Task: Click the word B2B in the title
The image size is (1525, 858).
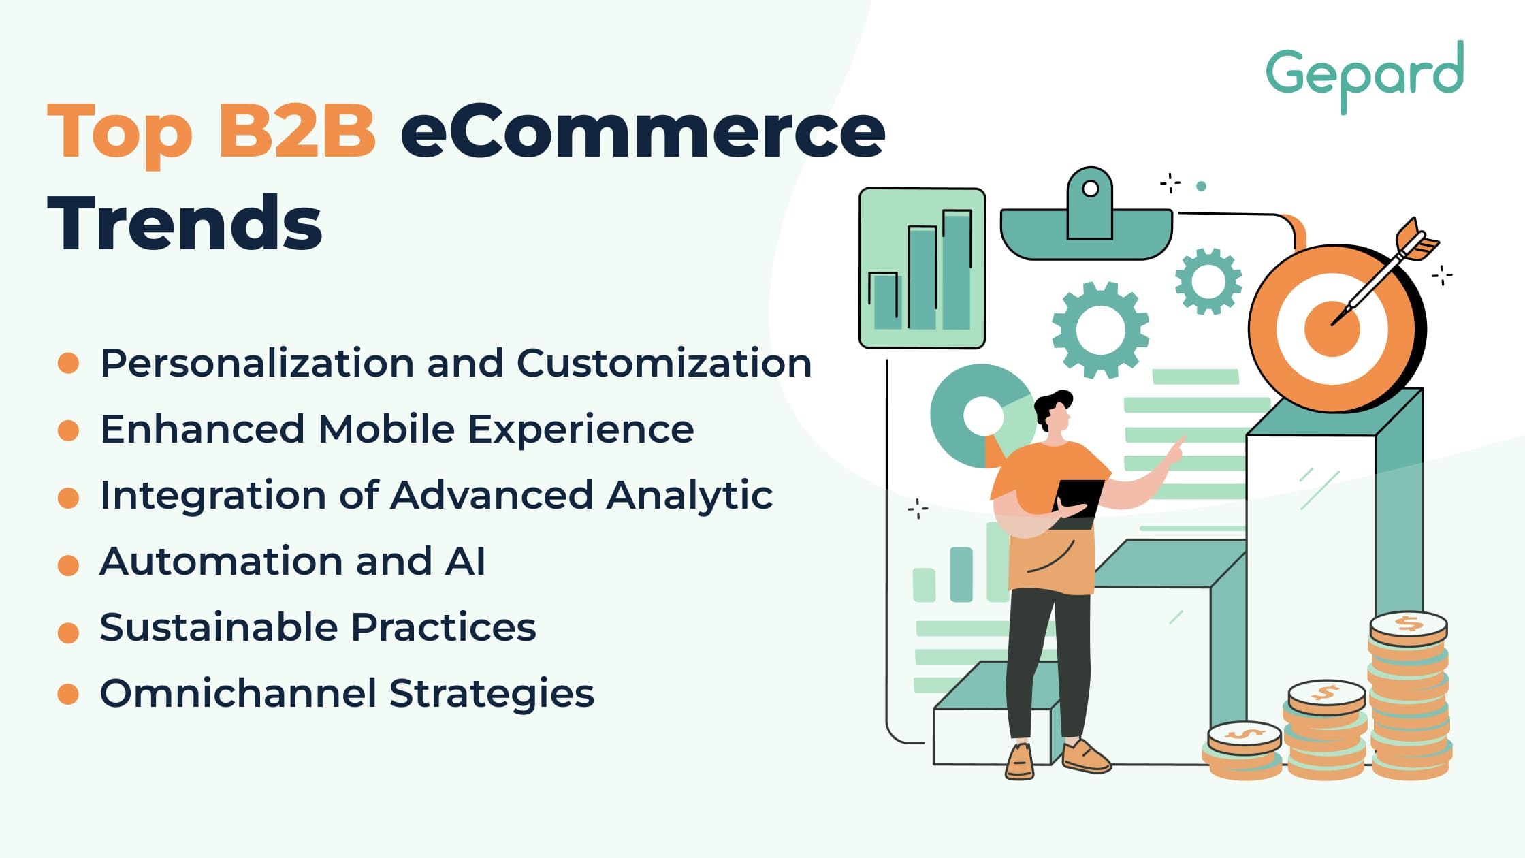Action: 297,131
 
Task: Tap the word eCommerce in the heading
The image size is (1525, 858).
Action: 643,131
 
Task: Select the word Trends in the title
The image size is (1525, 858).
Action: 184,223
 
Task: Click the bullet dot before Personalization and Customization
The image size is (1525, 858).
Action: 68,363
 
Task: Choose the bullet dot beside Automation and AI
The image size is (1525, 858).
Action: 68,565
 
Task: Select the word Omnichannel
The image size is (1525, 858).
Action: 238,693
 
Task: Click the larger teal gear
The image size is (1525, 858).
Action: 1101,330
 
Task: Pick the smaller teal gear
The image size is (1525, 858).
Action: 1208,281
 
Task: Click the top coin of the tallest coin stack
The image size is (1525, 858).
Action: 1408,626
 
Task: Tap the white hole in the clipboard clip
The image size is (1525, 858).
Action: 1090,189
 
